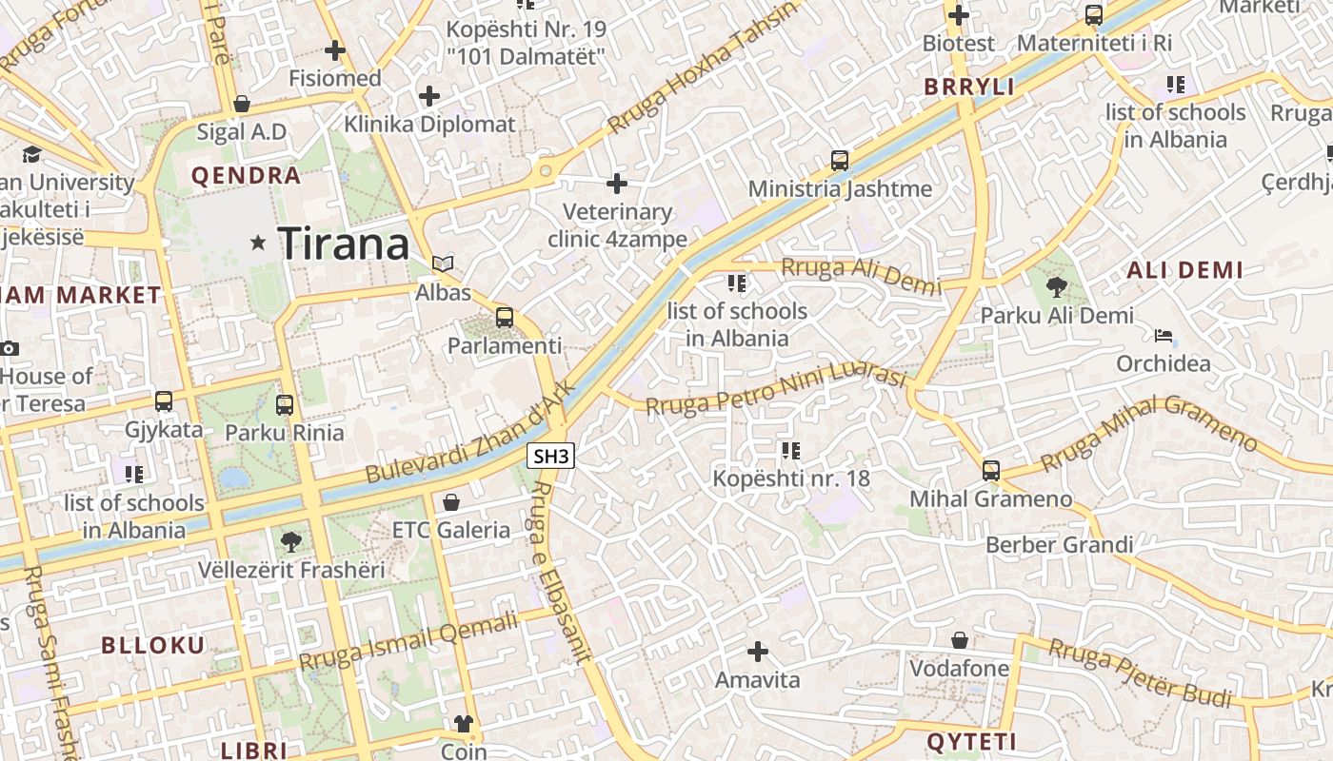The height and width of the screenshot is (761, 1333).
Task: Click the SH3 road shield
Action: click(551, 457)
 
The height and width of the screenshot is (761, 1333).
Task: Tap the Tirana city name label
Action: click(344, 244)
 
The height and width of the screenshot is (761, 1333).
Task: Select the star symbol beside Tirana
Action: click(258, 244)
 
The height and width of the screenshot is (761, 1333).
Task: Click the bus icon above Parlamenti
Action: click(505, 318)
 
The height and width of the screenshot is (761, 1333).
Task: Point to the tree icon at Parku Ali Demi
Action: click(1056, 286)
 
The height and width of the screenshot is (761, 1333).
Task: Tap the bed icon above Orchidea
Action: click(1164, 336)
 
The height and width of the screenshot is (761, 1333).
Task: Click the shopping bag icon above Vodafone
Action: click(960, 640)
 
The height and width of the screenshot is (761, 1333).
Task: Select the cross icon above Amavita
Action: click(758, 652)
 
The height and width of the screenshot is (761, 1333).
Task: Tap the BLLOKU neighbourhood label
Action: click(153, 645)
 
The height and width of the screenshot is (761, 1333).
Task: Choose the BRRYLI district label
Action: click(969, 88)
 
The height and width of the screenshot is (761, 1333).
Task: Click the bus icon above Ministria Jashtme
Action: click(840, 161)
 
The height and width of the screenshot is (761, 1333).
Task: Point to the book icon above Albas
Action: click(443, 263)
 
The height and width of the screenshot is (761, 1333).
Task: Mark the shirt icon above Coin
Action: click(464, 724)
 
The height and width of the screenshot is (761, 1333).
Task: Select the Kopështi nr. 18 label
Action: click(791, 478)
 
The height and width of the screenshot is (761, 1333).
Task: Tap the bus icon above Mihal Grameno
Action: click(991, 470)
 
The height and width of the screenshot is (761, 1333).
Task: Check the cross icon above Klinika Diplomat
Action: click(429, 96)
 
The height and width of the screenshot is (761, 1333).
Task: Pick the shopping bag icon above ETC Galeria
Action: click(451, 501)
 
